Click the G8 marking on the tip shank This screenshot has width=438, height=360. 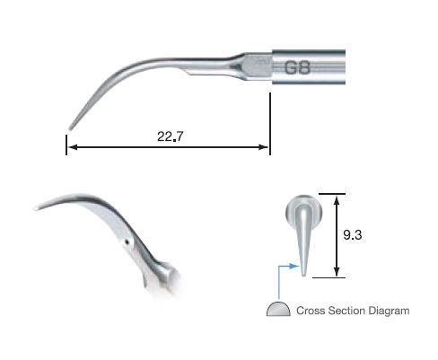pyautogui.click(x=299, y=68)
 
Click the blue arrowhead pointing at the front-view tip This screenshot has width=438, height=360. pyautogui.click(x=294, y=266)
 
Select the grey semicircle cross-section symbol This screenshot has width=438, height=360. pyautogui.click(x=278, y=310)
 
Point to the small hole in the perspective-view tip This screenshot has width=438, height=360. pyautogui.click(x=127, y=241)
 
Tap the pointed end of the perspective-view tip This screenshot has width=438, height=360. pyautogui.click(x=37, y=209)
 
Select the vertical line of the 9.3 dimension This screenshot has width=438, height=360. pyautogui.click(x=336, y=233)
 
